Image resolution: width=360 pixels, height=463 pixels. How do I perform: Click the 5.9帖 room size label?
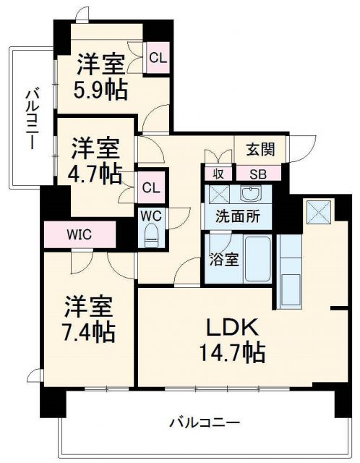[101, 89]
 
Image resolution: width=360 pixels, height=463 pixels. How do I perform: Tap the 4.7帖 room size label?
[95, 174]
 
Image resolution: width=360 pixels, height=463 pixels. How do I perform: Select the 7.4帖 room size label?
[90, 331]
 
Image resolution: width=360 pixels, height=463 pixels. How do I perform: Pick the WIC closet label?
[80, 234]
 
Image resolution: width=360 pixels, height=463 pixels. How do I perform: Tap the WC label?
[151, 216]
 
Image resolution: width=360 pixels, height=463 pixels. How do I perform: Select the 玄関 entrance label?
[260, 150]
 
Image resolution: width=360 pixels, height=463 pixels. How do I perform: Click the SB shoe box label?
[257, 174]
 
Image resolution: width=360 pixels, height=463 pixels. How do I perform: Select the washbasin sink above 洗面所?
[249, 194]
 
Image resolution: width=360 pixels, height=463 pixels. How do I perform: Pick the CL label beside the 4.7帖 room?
[151, 188]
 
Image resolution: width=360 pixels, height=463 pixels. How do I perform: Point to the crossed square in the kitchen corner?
[317, 211]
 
